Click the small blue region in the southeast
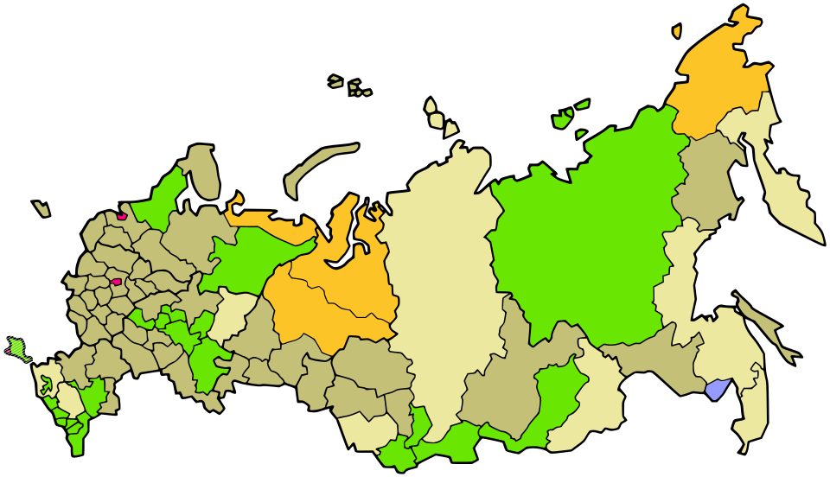tap(717, 390)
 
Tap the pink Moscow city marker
tap(116, 282)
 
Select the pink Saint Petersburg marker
tap(122, 216)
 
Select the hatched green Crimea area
tap(17, 348)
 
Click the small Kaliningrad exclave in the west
tap(41, 209)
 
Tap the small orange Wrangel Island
tap(677, 32)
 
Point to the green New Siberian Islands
tap(566, 117)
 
